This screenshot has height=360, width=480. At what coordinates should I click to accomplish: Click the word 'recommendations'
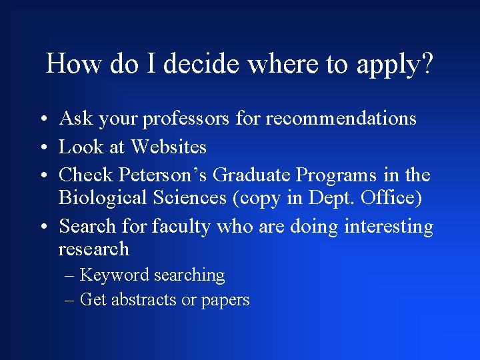341,119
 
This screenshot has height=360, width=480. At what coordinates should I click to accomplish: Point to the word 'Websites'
169,147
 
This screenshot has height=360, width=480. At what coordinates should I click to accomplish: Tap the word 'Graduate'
252,175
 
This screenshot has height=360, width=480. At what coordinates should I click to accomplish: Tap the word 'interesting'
389,227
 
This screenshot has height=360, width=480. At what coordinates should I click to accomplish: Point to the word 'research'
94,249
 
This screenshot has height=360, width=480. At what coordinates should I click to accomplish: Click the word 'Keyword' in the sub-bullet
114,275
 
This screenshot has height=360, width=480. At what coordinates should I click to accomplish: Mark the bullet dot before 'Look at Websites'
42,147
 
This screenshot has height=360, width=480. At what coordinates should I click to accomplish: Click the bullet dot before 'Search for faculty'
42,227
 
